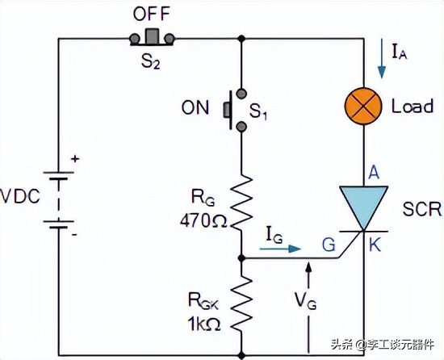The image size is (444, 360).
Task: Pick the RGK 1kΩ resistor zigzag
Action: pos(241,299)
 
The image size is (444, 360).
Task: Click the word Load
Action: pos(413,107)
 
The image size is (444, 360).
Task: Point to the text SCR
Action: pos(421,210)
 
